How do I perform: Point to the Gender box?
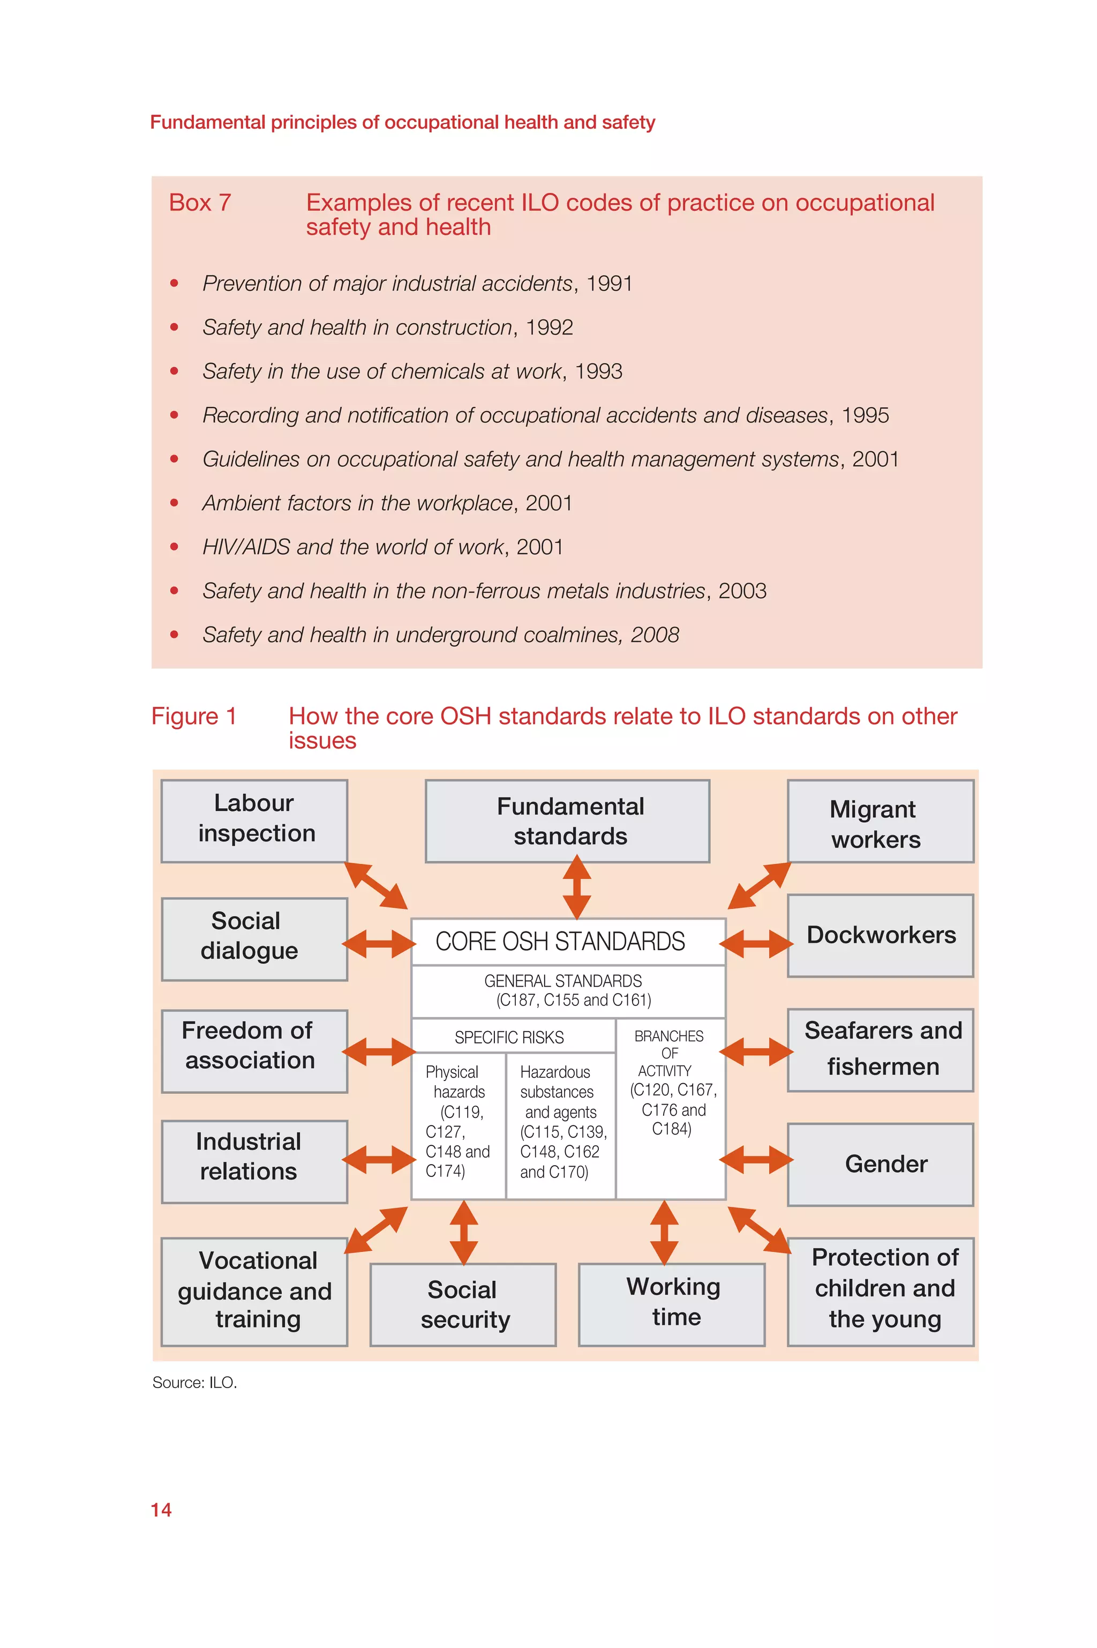(x=880, y=1164)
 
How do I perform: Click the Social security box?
(x=463, y=1304)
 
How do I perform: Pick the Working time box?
(x=672, y=1304)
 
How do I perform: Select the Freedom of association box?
(x=254, y=1050)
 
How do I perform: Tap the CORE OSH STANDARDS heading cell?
(x=567, y=941)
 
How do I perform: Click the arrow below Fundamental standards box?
(x=576, y=888)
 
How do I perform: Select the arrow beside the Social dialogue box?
(x=379, y=943)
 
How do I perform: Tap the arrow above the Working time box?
(x=664, y=1232)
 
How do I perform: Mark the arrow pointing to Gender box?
(x=756, y=1160)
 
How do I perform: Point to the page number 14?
(x=161, y=1509)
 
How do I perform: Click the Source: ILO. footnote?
(x=194, y=1382)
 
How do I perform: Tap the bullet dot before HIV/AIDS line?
(x=174, y=547)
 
